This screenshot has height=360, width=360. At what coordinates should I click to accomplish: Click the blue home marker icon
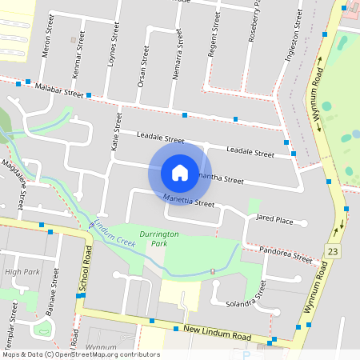point(180,172)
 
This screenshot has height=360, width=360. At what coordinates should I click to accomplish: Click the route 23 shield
point(332,251)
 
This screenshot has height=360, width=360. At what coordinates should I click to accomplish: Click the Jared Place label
point(274,219)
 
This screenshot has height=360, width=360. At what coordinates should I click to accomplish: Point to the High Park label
point(22,272)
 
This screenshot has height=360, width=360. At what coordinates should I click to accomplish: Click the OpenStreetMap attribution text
point(81,354)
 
